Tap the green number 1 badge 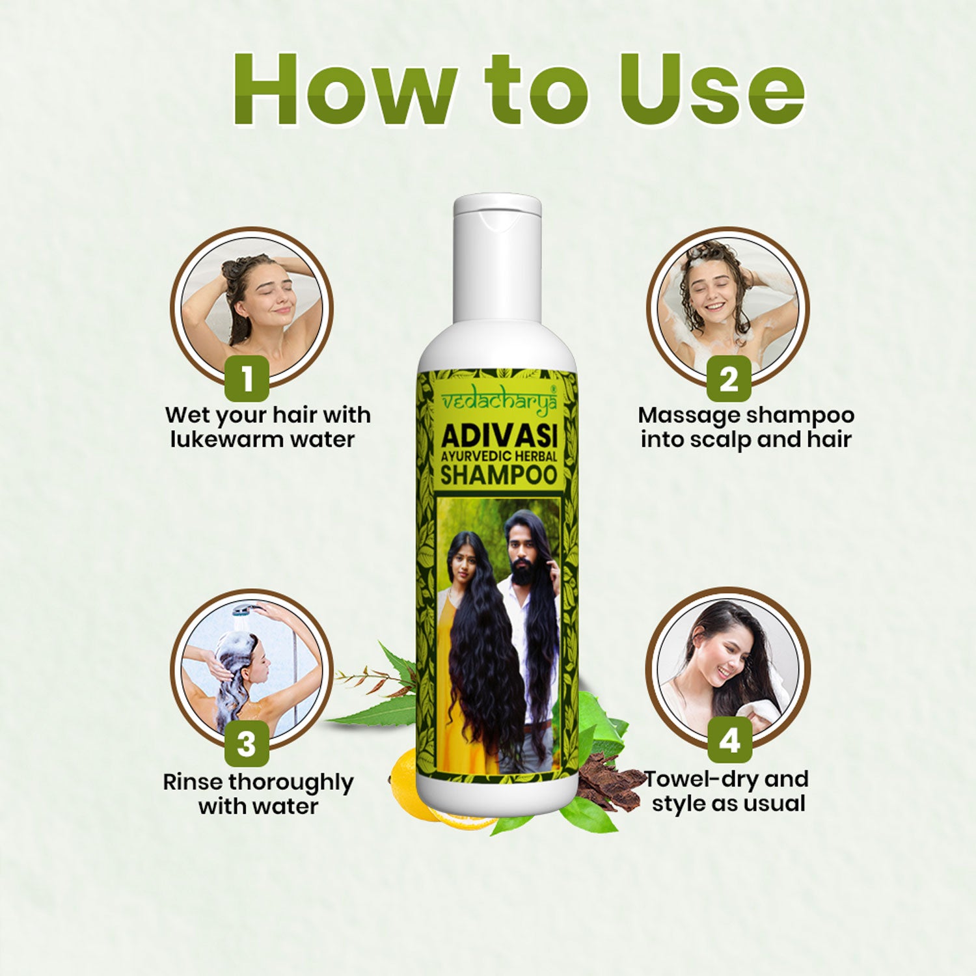[x=247, y=378]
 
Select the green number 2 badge [x=729, y=378]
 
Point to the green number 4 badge [x=729, y=740]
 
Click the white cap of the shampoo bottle [x=497, y=260]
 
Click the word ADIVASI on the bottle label [x=498, y=435]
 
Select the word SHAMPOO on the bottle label [x=498, y=475]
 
